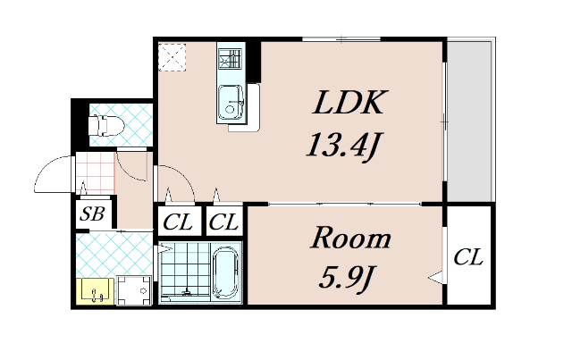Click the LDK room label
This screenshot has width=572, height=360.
coord(349,103)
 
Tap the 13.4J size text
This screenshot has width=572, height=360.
coord(343,145)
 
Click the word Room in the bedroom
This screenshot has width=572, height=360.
coord(350,238)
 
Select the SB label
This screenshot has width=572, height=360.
coord(92,213)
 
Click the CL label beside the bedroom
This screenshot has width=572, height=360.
coord(468,257)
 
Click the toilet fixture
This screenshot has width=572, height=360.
coord(106,125)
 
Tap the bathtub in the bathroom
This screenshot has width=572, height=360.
coord(226,272)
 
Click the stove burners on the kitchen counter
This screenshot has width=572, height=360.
coord(231,59)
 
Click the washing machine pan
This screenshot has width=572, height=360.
coord(134,290)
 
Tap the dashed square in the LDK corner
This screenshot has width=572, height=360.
coord(172,57)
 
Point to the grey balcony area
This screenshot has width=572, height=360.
coord(470,121)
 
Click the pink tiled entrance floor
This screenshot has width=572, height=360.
coord(96,172)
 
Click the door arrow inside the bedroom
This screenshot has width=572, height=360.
coord(435,277)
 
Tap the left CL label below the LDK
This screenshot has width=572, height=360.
coord(178,222)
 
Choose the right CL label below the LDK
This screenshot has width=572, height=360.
coord(223,222)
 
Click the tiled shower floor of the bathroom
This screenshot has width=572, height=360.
coord(186,272)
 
